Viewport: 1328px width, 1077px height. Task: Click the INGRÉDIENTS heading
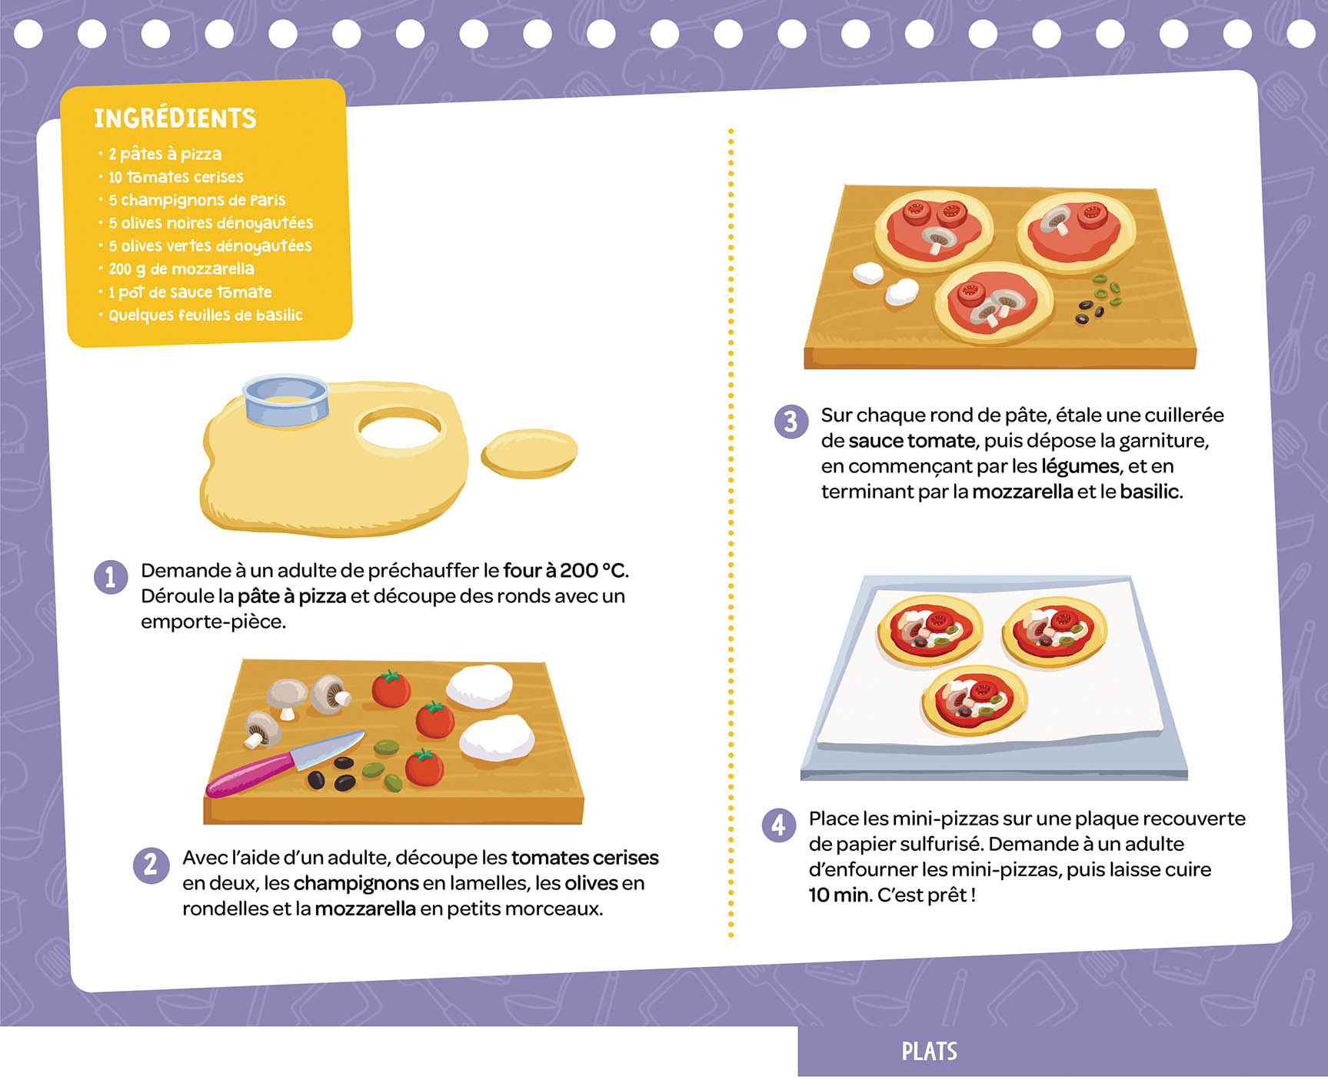point(175,118)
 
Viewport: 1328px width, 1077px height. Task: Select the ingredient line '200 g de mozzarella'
point(181,269)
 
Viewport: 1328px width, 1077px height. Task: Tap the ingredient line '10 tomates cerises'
point(175,177)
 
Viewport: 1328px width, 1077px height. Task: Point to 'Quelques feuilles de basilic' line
point(205,315)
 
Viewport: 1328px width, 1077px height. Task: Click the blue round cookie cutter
point(286,401)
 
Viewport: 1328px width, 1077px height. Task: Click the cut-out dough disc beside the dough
point(529,454)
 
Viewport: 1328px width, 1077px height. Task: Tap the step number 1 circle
point(111,577)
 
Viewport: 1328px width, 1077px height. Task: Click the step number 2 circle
point(151,865)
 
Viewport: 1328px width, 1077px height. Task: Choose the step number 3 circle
point(790,422)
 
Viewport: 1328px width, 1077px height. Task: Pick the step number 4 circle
point(778,825)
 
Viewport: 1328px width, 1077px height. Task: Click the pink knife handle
point(250,774)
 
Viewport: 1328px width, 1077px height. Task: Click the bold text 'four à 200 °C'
point(564,571)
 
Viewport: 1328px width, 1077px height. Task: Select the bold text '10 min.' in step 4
point(840,895)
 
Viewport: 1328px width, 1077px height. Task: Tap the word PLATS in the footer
point(929,1052)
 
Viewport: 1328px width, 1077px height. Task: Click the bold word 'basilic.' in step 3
point(1151,492)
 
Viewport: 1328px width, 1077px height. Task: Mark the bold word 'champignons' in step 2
point(355,883)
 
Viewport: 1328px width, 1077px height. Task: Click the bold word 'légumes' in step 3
point(1080,466)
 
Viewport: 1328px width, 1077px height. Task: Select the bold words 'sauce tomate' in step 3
point(912,441)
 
